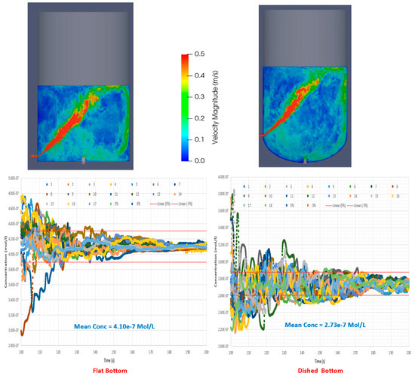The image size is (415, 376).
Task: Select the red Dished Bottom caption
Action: (311, 368)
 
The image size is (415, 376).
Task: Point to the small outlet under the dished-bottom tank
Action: (304, 160)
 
